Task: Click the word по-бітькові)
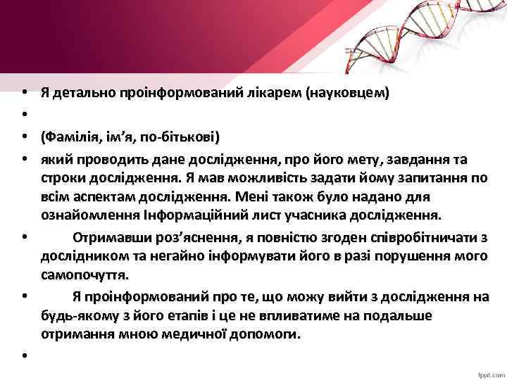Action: pyautogui.click(x=182, y=135)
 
